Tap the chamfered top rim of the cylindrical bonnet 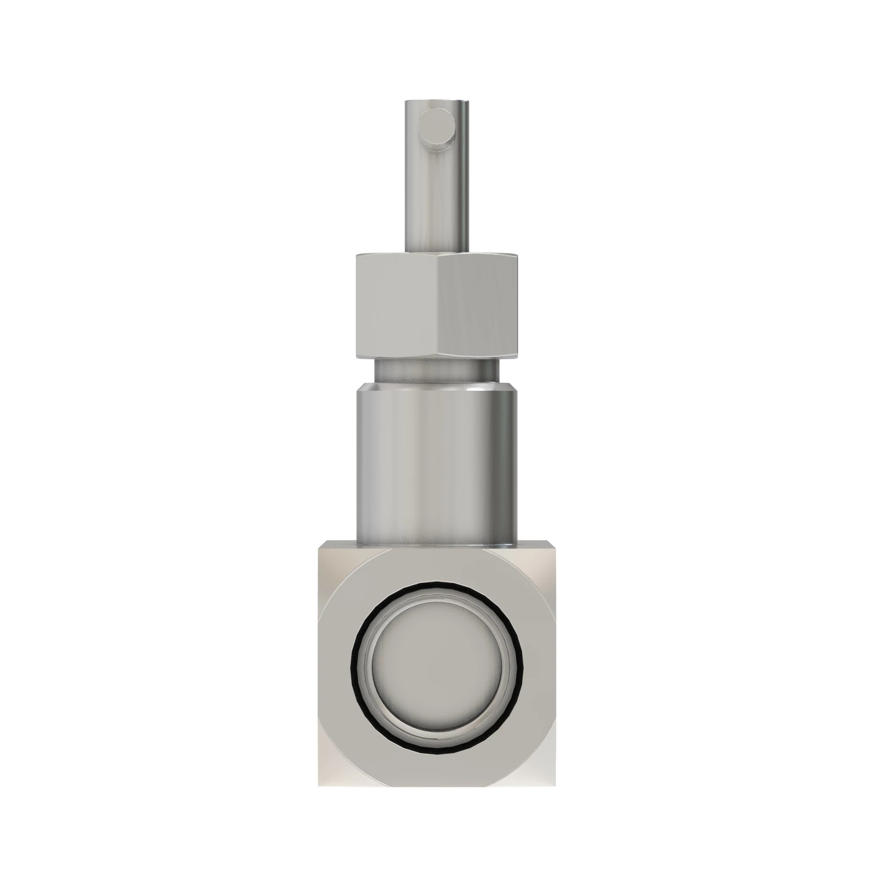click(x=437, y=388)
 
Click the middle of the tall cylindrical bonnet click(x=437, y=466)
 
